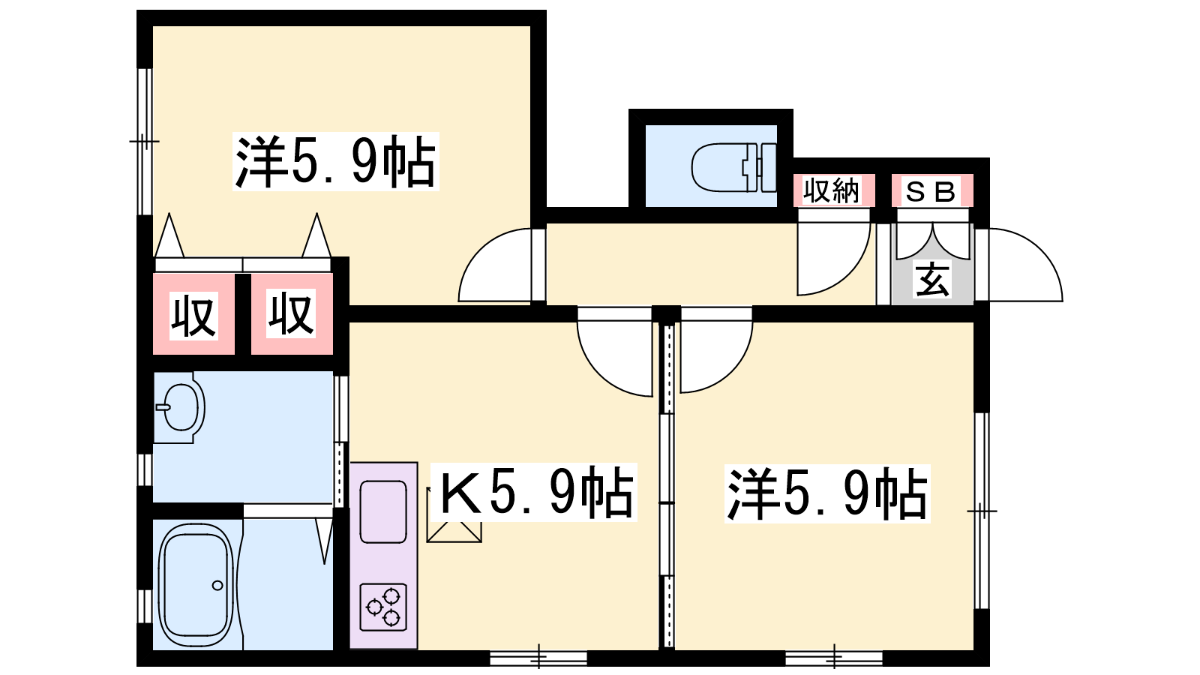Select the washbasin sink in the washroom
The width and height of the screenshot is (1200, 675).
[x=181, y=407]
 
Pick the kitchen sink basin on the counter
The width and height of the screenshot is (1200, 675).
[x=383, y=511]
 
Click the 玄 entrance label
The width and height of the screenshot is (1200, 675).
[x=932, y=280]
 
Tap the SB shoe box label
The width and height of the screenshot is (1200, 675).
[x=931, y=192]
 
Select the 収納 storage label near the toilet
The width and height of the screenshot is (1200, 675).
[x=832, y=191]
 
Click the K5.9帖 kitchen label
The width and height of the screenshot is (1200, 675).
[x=535, y=493]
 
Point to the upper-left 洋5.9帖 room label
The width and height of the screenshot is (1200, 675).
[x=335, y=161]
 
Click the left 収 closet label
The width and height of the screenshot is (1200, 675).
[x=193, y=316]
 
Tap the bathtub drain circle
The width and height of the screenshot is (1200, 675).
[x=217, y=585]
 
